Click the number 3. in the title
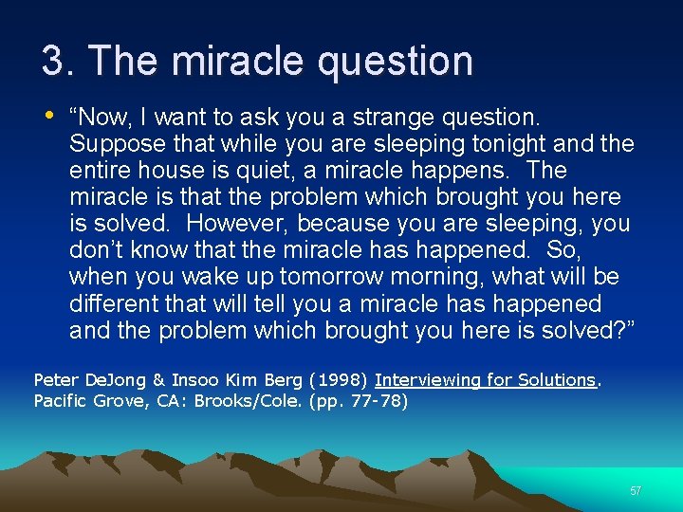57,61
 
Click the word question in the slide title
396,63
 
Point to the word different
114,303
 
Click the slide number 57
636,490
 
